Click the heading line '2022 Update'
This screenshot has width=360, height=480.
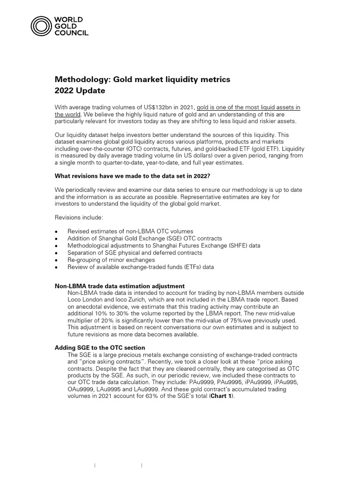pyautogui.click(x=80, y=90)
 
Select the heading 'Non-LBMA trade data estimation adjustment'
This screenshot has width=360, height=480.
pyautogui.click(x=120, y=286)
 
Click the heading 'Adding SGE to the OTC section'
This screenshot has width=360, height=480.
pyautogui.click(x=100, y=347)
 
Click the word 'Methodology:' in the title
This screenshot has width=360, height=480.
pyautogui.click(x=82, y=79)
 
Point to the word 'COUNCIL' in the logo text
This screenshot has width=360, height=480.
pyautogui.click(x=72, y=33)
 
